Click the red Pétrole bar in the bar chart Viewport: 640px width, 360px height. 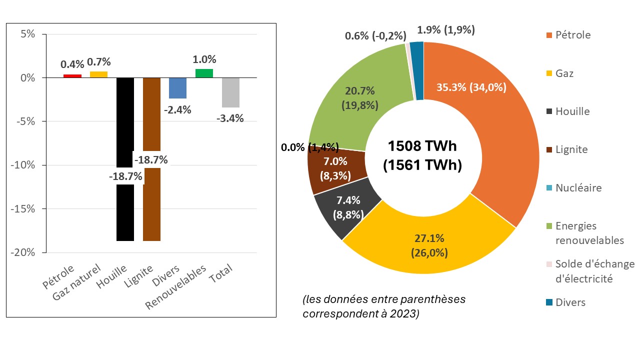coord(72,76)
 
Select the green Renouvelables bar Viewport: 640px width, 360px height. coord(204,73)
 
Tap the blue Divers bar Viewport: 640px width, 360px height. coord(177,88)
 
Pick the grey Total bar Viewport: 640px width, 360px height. coord(230,92)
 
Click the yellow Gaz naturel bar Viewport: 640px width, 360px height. coord(98,74)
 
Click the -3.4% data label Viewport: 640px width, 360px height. coord(230,118)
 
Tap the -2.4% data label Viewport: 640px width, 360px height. coord(177,110)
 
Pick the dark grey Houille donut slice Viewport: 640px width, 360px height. coord(345,207)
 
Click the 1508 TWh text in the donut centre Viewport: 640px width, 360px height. coord(422,146)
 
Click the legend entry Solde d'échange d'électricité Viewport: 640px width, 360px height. coord(594,271)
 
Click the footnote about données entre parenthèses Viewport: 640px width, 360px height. coord(384,306)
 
